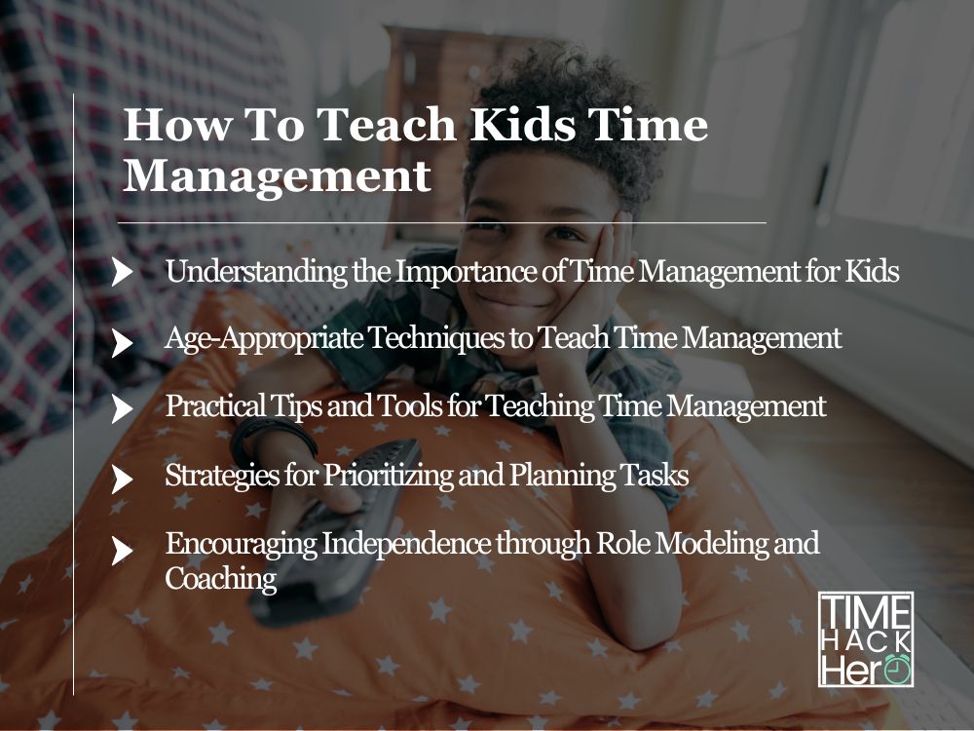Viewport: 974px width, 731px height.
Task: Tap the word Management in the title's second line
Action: pyautogui.click(x=278, y=176)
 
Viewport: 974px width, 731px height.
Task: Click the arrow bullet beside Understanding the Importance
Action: pyautogui.click(x=122, y=272)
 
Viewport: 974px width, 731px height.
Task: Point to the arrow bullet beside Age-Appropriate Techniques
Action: pyautogui.click(x=122, y=341)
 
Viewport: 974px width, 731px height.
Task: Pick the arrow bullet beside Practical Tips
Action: pyautogui.click(x=122, y=408)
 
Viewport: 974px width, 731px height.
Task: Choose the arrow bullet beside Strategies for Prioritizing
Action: pyautogui.click(x=122, y=479)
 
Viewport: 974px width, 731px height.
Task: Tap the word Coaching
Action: pyautogui.click(x=221, y=579)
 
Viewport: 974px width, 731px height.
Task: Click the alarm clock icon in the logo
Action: pyautogui.click(x=896, y=669)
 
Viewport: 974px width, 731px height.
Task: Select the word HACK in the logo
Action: pyautogui.click(x=866, y=639)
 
